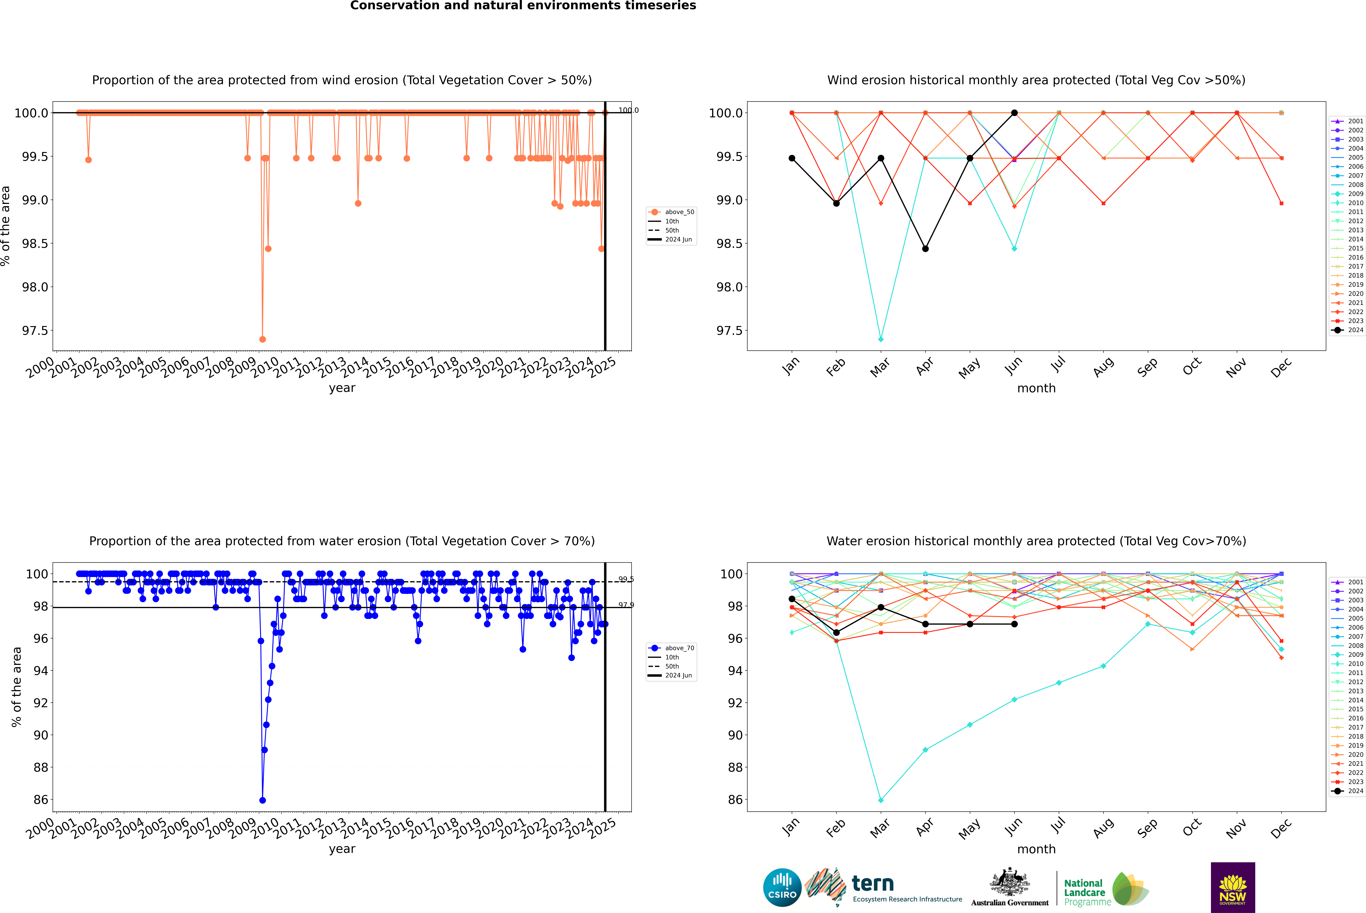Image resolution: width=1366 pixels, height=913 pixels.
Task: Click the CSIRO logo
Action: coord(782,887)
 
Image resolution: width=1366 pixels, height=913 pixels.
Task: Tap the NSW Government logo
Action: coord(1233,887)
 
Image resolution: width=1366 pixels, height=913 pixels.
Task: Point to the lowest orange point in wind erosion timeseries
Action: coord(263,339)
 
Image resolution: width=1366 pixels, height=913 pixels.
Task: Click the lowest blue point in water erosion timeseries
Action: coord(263,800)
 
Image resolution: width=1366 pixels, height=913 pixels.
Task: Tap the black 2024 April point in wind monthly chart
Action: coord(925,249)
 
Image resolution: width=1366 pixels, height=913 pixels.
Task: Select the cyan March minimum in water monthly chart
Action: coord(880,800)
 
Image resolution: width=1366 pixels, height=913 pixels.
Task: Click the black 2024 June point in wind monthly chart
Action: coord(1014,113)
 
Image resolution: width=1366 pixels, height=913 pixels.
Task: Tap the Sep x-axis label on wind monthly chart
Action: coord(1147,367)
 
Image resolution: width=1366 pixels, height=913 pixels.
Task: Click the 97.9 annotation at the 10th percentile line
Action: coord(626,605)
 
